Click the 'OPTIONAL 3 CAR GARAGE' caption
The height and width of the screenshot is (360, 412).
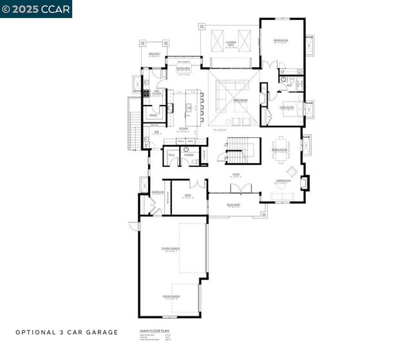coord(67,332)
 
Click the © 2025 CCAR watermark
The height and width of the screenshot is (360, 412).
coord(36,8)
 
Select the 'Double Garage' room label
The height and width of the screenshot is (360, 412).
coord(171,249)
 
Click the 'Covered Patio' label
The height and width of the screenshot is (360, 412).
coord(230,43)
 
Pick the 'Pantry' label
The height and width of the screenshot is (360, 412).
coord(153,115)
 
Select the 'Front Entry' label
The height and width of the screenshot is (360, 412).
coord(233,205)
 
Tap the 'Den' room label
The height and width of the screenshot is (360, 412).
coord(187,195)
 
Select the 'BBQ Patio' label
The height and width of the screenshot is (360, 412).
coord(154,54)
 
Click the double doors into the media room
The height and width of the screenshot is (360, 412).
coord(273,64)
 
